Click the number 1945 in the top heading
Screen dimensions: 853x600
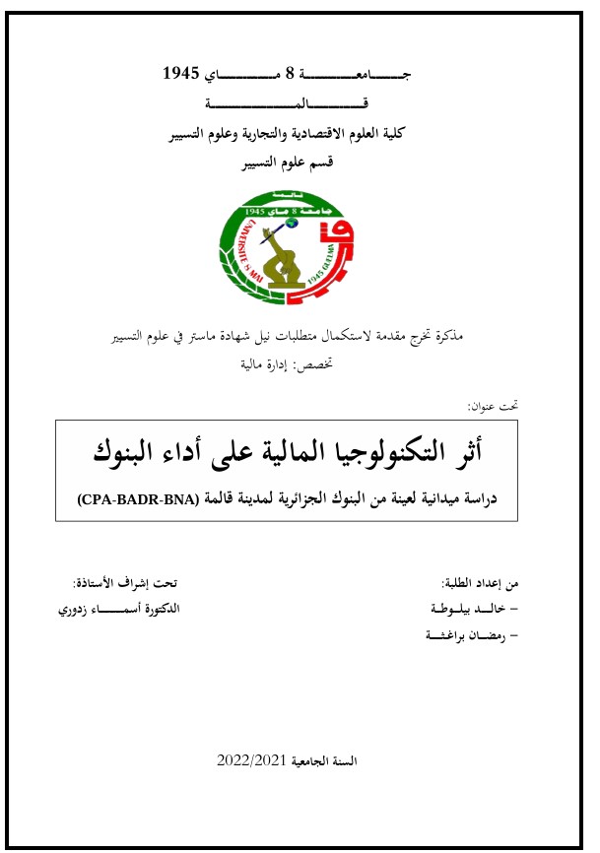pyautogui.click(x=181, y=74)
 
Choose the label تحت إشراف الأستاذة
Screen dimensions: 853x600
pyautogui.click(x=129, y=582)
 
